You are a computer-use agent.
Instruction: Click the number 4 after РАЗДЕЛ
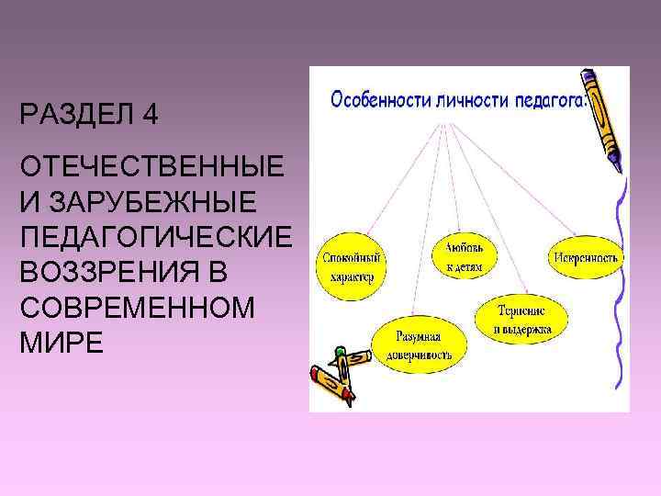(x=150, y=117)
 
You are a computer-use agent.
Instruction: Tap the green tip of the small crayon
(x=341, y=350)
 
